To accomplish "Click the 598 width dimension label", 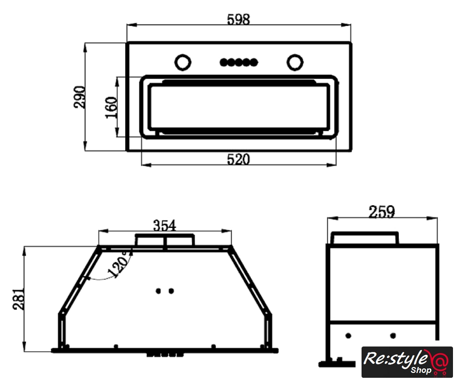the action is point(238,20).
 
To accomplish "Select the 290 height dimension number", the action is point(79,97).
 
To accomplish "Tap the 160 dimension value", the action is point(111,107).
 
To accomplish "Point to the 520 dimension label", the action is point(238,159).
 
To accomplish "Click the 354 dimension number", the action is point(164,226).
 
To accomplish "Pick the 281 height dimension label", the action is point(19,298).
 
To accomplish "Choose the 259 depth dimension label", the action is point(381,212).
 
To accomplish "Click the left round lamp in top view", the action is point(183,63).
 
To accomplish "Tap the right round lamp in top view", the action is point(295,63).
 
